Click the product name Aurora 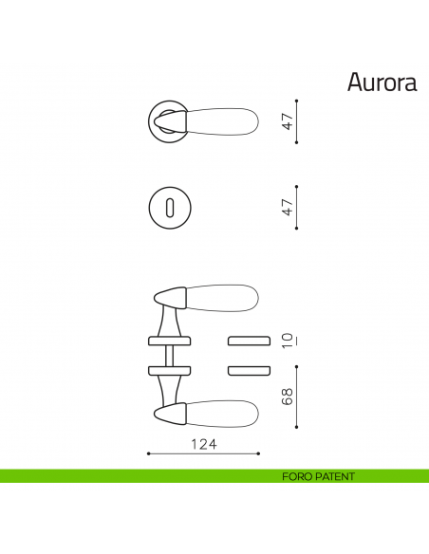click(382, 83)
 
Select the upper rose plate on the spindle click(170, 341)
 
